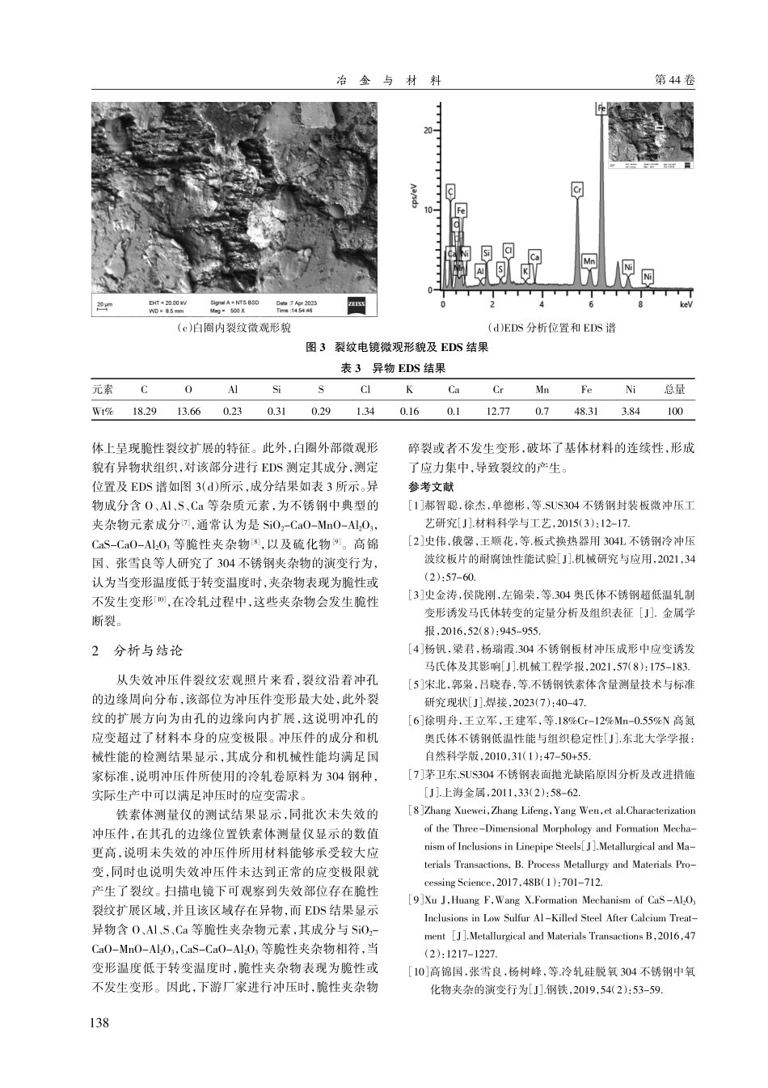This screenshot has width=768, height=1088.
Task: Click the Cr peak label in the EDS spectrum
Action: tap(577, 190)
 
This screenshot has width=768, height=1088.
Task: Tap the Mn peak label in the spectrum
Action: tap(589, 260)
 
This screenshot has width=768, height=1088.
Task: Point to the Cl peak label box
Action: tap(508, 250)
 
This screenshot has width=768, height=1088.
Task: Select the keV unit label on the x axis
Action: tap(686, 305)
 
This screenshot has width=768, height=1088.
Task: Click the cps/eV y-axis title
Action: tap(415, 197)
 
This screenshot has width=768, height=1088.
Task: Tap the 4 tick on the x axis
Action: tap(542, 305)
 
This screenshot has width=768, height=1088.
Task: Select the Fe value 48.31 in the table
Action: tap(586, 411)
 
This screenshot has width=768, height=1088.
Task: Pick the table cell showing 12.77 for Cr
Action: tap(498, 411)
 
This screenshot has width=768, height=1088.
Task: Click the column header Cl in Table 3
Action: tap(365, 389)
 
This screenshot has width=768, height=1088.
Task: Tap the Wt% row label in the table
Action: tap(103, 411)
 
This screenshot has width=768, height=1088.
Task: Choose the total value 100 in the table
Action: tap(674, 411)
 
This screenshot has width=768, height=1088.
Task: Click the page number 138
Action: tap(99, 1022)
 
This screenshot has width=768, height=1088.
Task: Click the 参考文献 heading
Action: tap(431, 487)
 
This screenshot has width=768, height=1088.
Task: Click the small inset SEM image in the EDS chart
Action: tap(650, 135)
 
